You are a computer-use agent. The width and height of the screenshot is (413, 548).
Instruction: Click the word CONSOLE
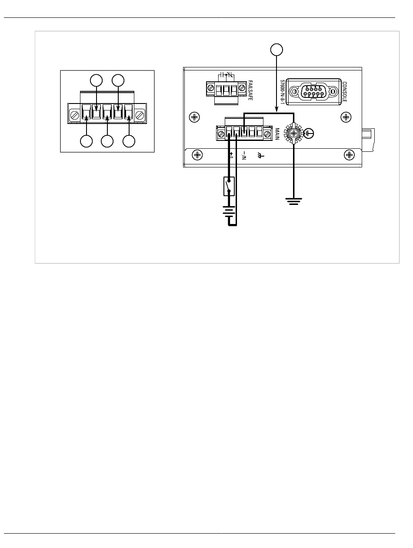coord(344,92)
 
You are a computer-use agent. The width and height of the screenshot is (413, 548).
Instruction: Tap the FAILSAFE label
coord(250,90)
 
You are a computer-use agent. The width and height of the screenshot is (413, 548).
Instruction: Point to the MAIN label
coord(277,134)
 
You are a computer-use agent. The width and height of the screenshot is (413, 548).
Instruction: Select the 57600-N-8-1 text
coord(282,92)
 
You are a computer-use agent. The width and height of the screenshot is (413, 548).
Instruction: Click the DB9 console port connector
coord(313,91)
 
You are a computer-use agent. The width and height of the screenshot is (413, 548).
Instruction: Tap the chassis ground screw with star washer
coord(294,134)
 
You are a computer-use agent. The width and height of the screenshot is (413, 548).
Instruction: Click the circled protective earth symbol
coord(309,134)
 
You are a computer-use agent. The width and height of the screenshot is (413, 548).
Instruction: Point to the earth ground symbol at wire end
coord(294,201)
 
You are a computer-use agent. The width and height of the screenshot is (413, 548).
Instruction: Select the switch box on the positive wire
coord(229,186)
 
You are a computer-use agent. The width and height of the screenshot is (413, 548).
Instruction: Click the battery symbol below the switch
coord(229,211)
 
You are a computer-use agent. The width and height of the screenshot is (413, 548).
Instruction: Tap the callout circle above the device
coord(276,50)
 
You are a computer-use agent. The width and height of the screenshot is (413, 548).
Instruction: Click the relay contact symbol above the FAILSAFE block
coord(226,74)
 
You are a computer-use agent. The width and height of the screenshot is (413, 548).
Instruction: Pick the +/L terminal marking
coord(231,155)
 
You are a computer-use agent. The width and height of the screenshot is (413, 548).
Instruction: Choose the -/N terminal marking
coord(244,155)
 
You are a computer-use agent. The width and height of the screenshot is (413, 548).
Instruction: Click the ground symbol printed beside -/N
coord(260,156)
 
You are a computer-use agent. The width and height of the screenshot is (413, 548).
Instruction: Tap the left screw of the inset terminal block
coord(75,115)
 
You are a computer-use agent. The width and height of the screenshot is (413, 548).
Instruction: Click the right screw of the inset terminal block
coord(139,115)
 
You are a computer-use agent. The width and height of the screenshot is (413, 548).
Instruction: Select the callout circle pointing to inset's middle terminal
coord(107,141)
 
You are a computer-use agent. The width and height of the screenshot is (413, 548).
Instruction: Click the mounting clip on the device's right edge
coord(368,140)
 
